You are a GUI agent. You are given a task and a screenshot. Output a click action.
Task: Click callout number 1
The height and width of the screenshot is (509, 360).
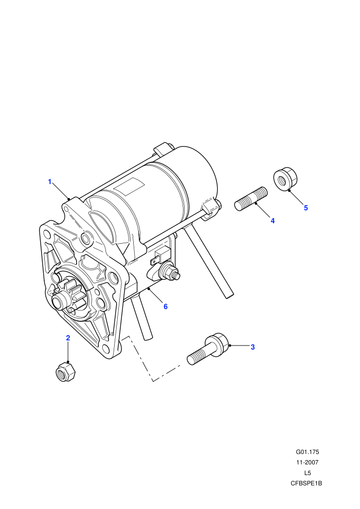(50, 182)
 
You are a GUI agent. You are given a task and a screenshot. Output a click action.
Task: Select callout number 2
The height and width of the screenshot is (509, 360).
(68, 338)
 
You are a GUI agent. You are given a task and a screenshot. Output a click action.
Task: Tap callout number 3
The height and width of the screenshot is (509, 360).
(253, 347)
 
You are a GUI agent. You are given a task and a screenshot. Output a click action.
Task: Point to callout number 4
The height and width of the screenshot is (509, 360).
(273, 221)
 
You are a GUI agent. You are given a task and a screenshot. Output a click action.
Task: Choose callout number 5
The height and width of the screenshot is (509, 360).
(305, 208)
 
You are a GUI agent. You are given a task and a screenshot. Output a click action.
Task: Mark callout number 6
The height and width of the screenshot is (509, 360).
(166, 306)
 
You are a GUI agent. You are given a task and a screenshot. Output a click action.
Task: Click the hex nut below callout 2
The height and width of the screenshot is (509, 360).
(66, 372)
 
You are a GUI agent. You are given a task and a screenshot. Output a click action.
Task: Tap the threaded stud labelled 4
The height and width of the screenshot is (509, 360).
(251, 198)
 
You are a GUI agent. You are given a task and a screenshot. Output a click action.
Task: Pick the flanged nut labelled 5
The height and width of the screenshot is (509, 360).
(285, 179)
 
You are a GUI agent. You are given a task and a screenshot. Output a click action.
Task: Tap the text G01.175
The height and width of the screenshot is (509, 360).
(308, 452)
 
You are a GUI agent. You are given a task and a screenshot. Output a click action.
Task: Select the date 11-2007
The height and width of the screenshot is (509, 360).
(308, 462)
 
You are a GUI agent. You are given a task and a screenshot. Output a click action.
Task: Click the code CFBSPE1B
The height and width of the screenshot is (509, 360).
(307, 483)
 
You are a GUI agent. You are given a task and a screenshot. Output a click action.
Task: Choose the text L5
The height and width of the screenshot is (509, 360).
(308, 473)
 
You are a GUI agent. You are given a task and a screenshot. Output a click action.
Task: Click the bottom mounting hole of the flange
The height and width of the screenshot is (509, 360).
(106, 349)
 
